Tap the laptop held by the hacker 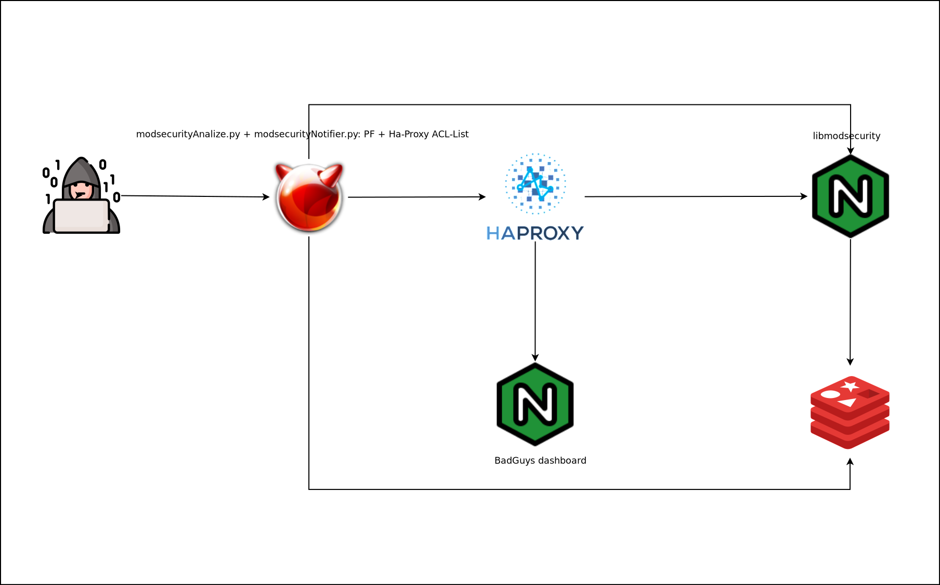click(x=81, y=216)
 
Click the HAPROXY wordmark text click(x=535, y=233)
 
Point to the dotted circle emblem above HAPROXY click(x=536, y=183)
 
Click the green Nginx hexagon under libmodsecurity click(x=851, y=196)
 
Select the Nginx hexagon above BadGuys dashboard click(x=535, y=404)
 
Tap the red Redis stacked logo click(x=850, y=412)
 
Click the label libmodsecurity click(x=846, y=136)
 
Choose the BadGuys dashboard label click(x=540, y=460)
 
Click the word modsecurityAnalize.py click(x=188, y=134)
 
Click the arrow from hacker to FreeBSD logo click(x=195, y=196)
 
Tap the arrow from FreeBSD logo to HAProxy click(x=416, y=197)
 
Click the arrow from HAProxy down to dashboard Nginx click(x=535, y=301)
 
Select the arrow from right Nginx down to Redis click(x=851, y=301)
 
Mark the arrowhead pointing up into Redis click(x=850, y=462)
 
